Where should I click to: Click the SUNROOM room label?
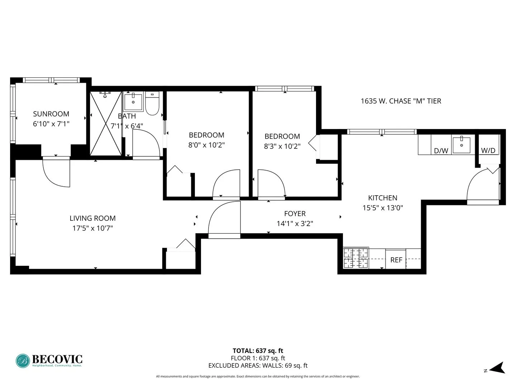click(x=51, y=114)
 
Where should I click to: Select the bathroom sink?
click(x=133, y=102)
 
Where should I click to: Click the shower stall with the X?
click(x=106, y=124)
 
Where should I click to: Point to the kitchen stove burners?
click(x=356, y=258)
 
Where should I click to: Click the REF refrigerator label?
click(x=396, y=260)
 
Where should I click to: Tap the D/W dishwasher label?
click(x=441, y=150)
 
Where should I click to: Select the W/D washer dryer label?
click(x=488, y=150)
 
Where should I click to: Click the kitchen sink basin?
click(x=462, y=144)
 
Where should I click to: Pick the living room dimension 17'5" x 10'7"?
click(x=92, y=228)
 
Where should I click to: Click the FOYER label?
click(x=295, y=214)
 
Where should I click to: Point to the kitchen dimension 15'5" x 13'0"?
click(x=383, y=208)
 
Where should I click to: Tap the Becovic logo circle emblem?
click(x=23, y=361)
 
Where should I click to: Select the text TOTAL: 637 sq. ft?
click(x=258, y=351)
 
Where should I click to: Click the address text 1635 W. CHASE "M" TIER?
click(x=401, y=101)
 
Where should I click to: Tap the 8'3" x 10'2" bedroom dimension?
click(x=282, y=146)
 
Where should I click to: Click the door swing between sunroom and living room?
click(x=56, y=173)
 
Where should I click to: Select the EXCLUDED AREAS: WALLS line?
click(x=258, y=365)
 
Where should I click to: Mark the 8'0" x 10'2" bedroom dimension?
click(x=206, y=145)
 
